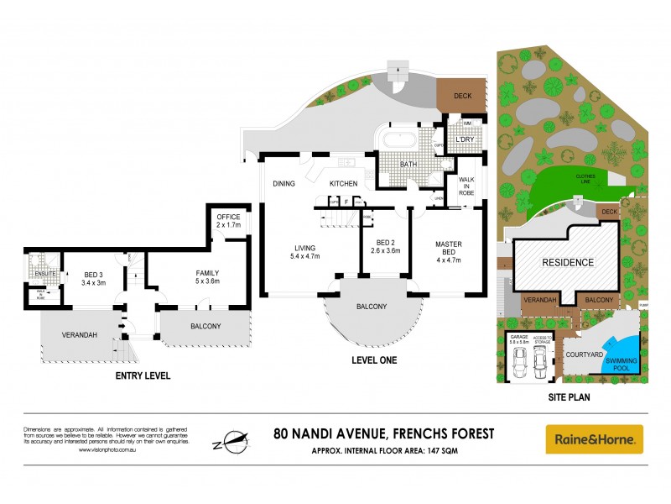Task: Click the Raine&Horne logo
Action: (595, 438)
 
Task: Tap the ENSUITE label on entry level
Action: (38, 273)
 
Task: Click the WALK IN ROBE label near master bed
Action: (466, 186)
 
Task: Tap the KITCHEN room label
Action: (343, 183)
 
